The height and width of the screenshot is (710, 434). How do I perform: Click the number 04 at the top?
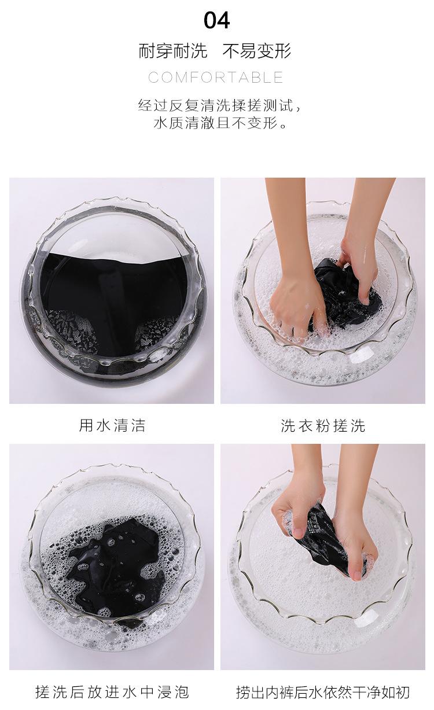(216, 20)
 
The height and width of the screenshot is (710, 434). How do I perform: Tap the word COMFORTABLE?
(216, 78)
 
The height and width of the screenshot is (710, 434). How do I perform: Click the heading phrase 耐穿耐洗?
(172, 51)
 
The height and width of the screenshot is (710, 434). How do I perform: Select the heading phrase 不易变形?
(257, 51)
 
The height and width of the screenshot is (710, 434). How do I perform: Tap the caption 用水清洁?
(112, 426)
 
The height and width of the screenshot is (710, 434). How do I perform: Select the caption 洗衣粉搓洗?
(323, 426)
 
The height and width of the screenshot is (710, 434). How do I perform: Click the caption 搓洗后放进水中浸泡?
(112, 691)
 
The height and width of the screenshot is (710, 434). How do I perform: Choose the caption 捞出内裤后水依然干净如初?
(323, 691)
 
